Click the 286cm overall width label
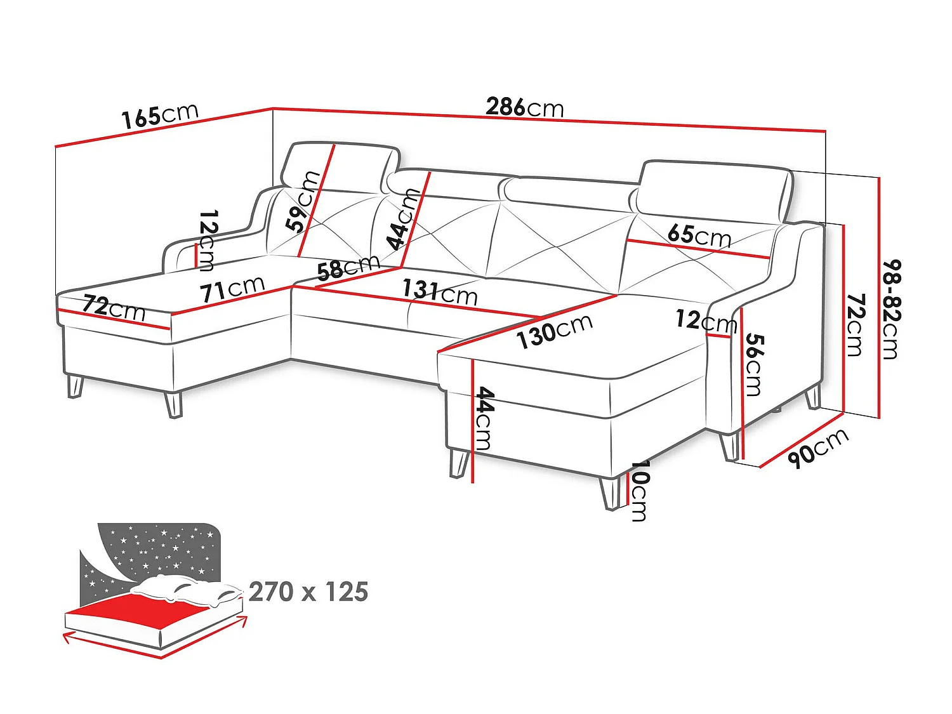coord(524,107)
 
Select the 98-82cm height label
coord(891,309)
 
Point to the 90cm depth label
coord(817,449)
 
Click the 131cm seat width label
coord(440,292)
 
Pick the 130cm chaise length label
coord(555,331)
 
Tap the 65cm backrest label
coord(699,235)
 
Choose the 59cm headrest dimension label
coord(302,201)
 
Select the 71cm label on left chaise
coord(232,289)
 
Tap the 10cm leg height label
coord(639,491)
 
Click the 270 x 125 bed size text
coord(308,592)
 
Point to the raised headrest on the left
coord(340,167)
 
